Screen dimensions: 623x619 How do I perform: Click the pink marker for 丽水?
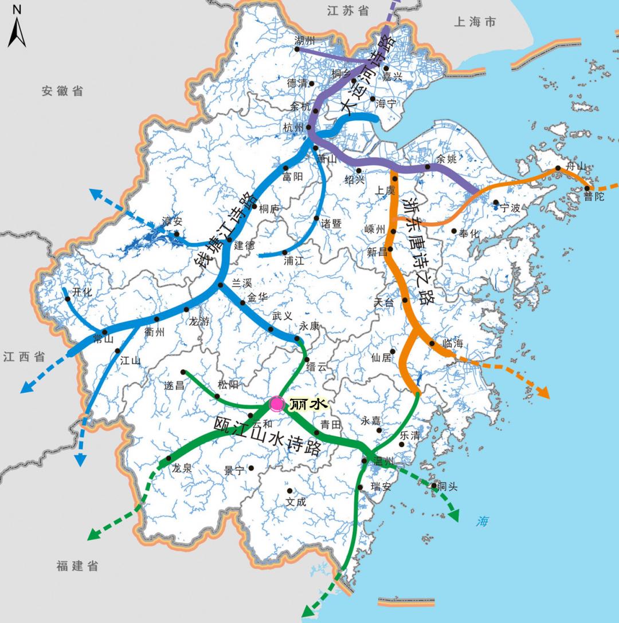tap(277, 404)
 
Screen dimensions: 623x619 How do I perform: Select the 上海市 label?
tap(475, 22)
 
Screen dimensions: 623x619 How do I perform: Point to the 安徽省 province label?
tap(62, 91)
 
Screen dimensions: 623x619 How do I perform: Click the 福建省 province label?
tap(77, 566)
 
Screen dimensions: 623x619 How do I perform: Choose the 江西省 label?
tap(24, 357)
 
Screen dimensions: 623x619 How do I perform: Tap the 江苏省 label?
tap(348, 11)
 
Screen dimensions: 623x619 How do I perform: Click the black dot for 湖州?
tap(297, 49)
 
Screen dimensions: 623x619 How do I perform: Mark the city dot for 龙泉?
tap(169, 459)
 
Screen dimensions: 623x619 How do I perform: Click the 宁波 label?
tap(510, 208)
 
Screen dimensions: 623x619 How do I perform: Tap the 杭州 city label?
tap(293, 127)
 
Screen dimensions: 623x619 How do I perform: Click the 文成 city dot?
tap(289, 491)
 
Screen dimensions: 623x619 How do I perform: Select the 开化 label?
tap(82, 292)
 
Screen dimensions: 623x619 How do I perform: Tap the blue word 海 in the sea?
tap(483, 522)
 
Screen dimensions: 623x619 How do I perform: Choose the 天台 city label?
tap(383, 303)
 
